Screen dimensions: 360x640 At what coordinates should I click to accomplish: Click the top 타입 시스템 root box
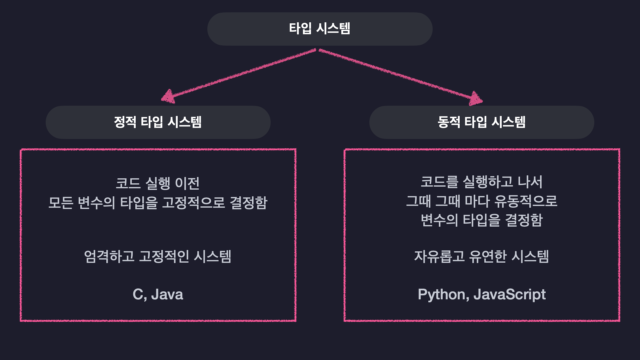[x=320, y=29]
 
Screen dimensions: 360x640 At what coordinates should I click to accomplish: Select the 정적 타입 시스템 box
[x=158, y=122]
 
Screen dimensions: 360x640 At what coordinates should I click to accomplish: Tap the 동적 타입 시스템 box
[x=481, y=122]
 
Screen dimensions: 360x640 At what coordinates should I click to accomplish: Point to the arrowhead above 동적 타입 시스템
[x=476, y=99]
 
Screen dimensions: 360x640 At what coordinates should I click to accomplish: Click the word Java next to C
[x=167, y=295]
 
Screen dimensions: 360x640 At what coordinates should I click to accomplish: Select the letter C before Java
[x=138, y=295]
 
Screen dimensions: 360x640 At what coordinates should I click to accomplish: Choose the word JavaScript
[x=509, y=295]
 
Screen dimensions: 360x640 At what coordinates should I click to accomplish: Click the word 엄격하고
[x=109, y=257]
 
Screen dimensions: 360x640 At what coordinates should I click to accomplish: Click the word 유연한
[x=488, y=257]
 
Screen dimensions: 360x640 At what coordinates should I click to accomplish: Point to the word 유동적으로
[x=526, y=201]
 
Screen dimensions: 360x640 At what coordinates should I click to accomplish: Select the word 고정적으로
[x=194, y=203]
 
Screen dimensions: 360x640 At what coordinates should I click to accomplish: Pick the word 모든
[x=61, y=203]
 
